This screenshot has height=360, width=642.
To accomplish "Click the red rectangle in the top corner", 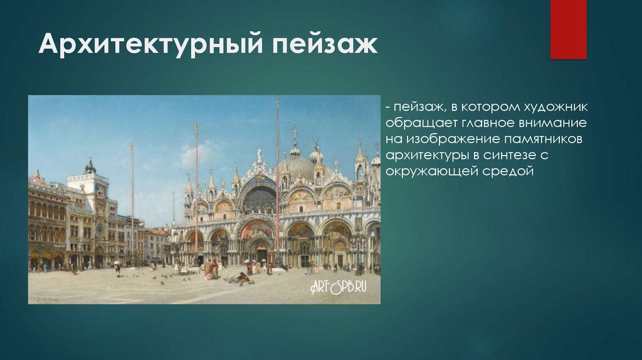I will [x=568, y=29].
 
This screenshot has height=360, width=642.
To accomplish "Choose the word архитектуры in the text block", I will [x=424, y=155].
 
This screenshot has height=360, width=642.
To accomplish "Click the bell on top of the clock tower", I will [x=90, y=167].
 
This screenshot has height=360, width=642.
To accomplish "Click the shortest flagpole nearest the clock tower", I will [x=132, y=201].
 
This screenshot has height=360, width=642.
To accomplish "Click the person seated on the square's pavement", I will [x=243, y=278].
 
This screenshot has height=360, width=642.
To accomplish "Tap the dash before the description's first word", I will [x=389, y=107].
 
